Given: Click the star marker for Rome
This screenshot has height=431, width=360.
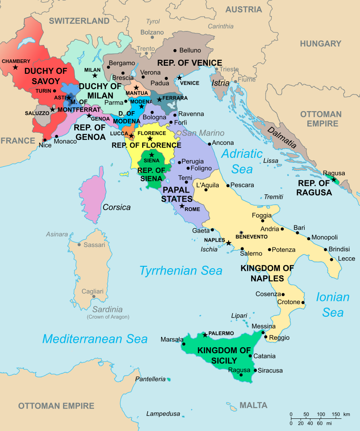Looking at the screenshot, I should click(182, 206).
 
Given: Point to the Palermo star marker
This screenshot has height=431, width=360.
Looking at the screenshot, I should click(205, 335).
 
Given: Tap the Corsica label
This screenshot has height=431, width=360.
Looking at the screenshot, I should click(117, 207).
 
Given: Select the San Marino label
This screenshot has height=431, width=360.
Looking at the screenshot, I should click(202, 133).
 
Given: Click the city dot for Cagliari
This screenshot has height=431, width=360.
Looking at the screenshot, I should click(93, 296).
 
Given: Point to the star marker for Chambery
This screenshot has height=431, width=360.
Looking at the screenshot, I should click(15, 67).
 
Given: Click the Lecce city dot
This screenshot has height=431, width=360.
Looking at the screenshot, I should click(332, 259).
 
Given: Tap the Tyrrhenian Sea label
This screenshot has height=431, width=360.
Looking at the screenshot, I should click(180, 270).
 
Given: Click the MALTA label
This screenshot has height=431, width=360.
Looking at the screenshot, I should click(253, 405).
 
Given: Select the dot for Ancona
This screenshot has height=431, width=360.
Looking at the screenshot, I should click(209, 144).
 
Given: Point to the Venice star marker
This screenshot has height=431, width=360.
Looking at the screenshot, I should click(180, 77).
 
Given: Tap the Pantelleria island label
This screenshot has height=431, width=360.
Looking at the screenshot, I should click(150, 379).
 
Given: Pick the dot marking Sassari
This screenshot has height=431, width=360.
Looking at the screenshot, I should click(80, 245).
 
